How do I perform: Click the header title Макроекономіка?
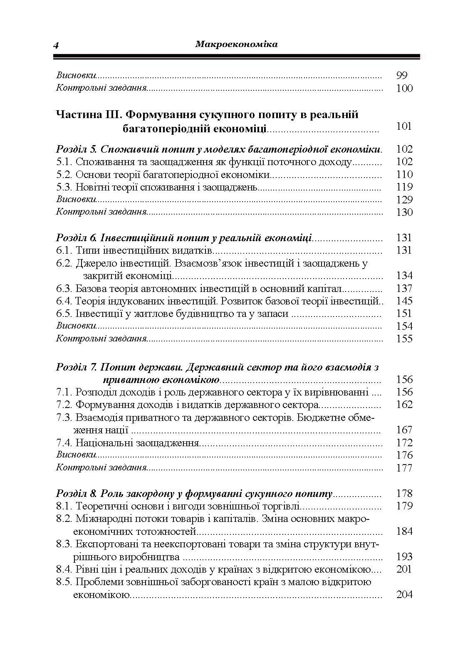pyautogui.click(x=236, y=44)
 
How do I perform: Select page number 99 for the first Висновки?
pyautogui.click(x=402, y=75)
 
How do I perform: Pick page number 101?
pyautogui.click(x=404, y=126)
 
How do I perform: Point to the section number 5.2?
pyautogui.click(x=64, y=174)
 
